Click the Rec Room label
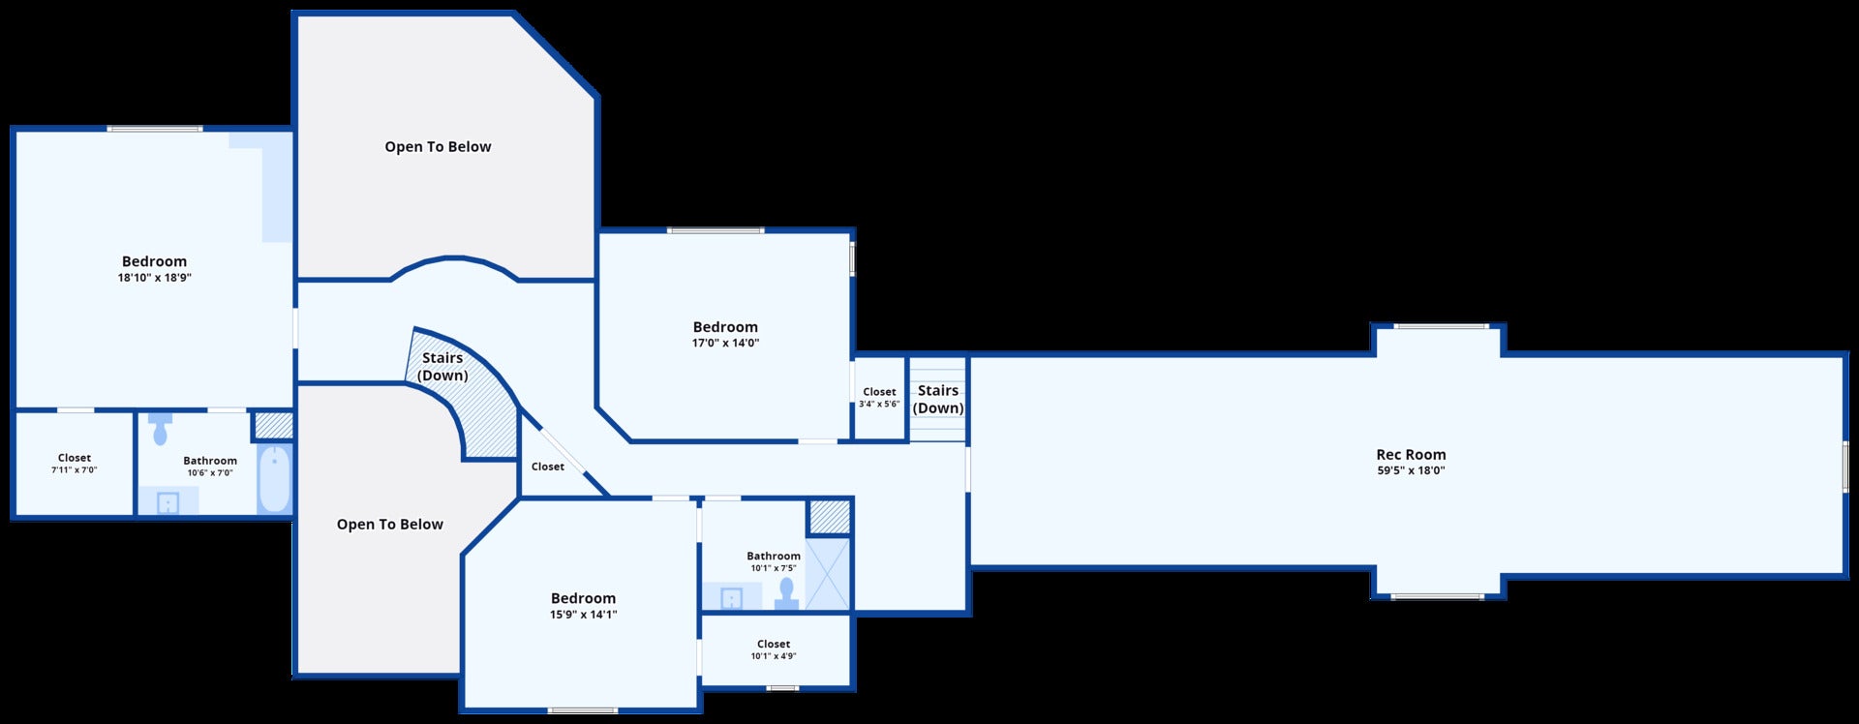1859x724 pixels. [x=1411, y=455]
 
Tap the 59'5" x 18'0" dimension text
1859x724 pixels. [x=1411, y=471]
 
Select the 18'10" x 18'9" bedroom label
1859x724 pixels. [x=154, y=261]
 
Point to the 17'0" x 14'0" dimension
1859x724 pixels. [x=725, y=344]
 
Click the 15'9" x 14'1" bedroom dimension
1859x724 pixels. [x=583, y=615]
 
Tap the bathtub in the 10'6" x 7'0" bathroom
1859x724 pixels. [x=275, y=479]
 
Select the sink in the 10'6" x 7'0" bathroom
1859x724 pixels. [x=168, y=502]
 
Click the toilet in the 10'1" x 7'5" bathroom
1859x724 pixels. [x=786, y=591]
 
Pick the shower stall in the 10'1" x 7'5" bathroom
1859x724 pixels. [x=828, y=573]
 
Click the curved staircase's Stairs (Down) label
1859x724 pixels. [x=442, y=367]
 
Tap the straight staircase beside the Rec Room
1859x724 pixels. [x=938, y=399]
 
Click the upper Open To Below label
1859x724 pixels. [x=438, y=147]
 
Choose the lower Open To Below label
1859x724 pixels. [x=390, y=525]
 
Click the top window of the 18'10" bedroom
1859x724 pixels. [x=155, y=129]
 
